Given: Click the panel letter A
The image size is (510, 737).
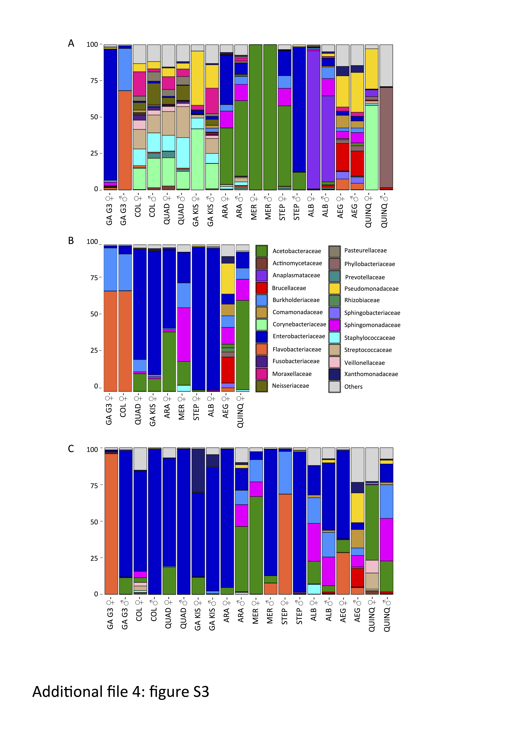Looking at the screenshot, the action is [x=71, y=43].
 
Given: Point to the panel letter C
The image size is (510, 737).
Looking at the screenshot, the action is [x=71, y=449].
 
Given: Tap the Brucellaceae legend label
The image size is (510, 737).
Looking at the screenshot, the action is [x=289, y=288].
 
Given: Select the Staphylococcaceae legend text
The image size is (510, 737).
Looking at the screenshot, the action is [x=369, y=338].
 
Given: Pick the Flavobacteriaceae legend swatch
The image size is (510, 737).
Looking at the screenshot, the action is [x=262, y=349].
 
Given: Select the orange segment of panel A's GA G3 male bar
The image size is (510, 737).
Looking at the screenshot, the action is [x=125, y=140].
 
